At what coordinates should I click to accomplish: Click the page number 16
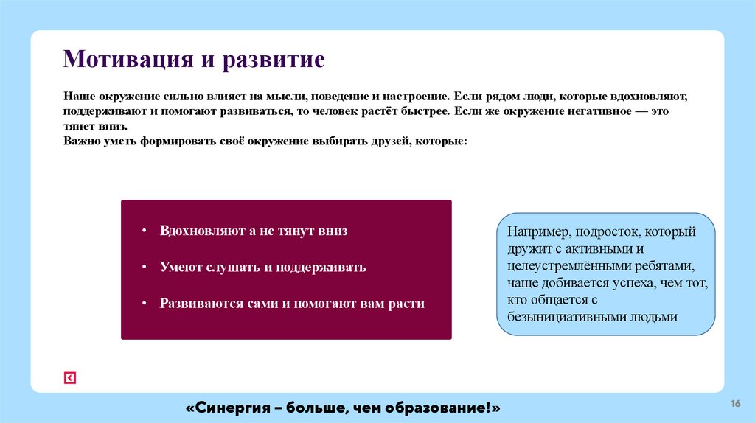(x=735, y=403)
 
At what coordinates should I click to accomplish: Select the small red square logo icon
(x=70, y=378)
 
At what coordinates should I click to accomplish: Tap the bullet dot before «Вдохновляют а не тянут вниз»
(x=145, y=231)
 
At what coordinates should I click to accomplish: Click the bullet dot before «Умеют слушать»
(x=145, y=268)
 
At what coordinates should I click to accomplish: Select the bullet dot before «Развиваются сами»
(x=145, y=304)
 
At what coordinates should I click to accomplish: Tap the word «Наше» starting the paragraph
(x=77, y=97)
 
